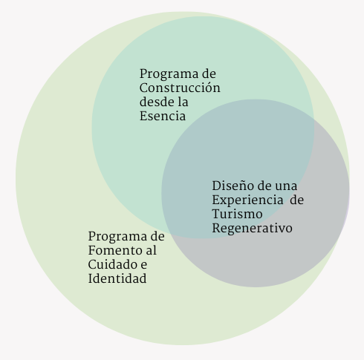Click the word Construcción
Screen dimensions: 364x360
tap(180, 88)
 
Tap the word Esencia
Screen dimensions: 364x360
tap(163, 116)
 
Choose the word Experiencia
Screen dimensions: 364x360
tap(247, 200)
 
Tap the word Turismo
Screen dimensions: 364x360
tap(237, 214)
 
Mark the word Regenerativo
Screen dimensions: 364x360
tap(252, 229)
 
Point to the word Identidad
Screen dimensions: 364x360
tap(117, 278)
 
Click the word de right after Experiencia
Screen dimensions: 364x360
tap(296, 200)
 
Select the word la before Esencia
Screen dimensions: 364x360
tap(183, 102)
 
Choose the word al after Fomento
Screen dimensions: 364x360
tap(151, 250)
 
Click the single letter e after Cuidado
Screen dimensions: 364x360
tap(144, 265)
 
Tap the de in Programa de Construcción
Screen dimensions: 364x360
tap(209, 73)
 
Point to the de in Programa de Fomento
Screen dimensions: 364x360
tap(157, 236)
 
